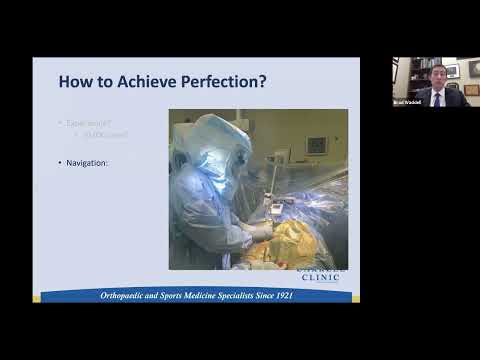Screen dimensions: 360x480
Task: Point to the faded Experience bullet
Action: pyautogui.click(x=88, y=122)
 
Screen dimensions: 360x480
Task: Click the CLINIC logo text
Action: pyautogui.click(x=321, y=277)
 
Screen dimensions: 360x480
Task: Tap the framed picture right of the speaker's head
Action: pyautogui.click(x=452, y=71)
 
